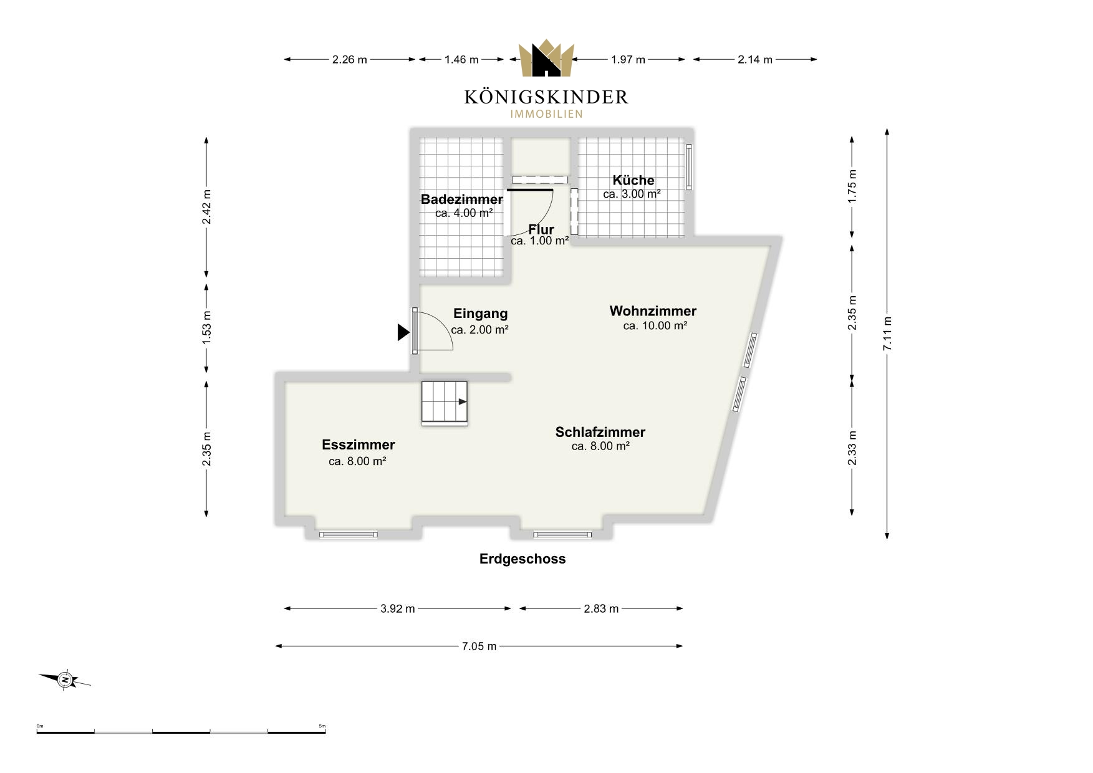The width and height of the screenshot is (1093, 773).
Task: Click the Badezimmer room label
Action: tap(462, 199)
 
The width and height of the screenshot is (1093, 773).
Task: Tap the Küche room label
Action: tap(633, 180)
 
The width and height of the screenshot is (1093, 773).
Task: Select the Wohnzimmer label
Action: tap(653, 310)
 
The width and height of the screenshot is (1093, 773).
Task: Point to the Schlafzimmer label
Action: tap(600, 432)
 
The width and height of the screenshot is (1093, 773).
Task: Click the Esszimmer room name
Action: tap(359, 444)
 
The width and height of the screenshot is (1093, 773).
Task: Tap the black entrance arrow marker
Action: tap(404, 332)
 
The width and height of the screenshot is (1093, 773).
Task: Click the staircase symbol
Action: tap(445, 403)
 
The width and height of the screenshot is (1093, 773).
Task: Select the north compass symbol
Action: tap(65, 679)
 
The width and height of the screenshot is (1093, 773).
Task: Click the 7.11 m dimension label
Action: tap(887, 334)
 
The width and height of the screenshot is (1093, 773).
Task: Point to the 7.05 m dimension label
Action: tap(479, 646)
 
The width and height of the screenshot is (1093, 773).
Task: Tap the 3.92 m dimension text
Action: tap(398, 608)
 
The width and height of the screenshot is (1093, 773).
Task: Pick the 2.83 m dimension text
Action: tap(601, 608)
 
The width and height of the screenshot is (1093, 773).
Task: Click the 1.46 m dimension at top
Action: tap(461, 60)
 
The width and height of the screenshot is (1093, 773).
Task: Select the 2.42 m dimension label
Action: tap(207, 207)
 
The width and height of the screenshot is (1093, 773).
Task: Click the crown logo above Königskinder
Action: tap(546, 58)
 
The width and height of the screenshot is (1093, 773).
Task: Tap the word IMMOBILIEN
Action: tap(546, 114)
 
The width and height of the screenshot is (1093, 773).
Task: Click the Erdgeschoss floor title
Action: tap(522, 559)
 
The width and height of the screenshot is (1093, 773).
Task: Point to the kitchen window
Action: tap(689, 166)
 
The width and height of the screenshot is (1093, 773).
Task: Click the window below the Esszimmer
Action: tap(349, 534)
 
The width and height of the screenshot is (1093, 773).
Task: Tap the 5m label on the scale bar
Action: tap(322, 726)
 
